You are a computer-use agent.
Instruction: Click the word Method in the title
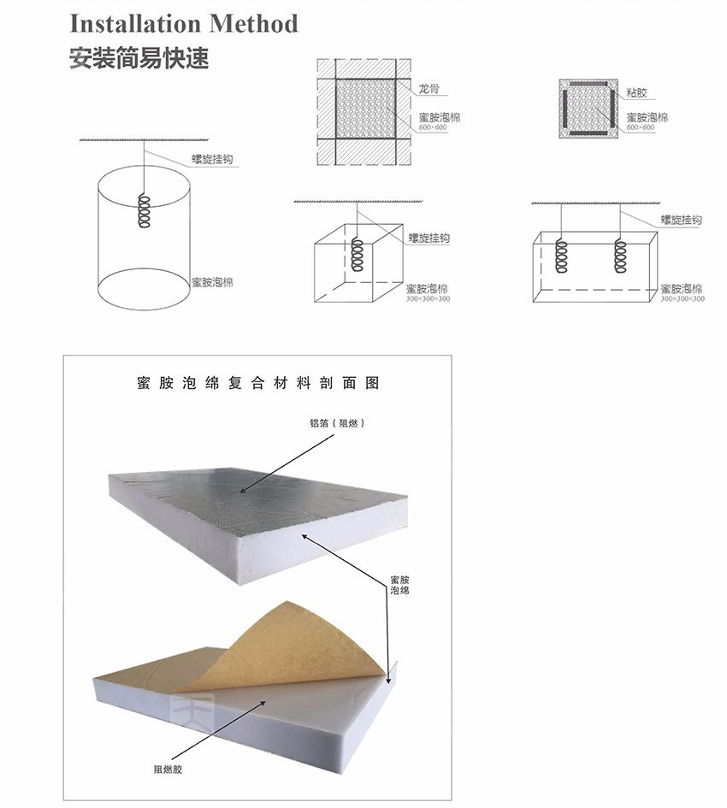(253, 23)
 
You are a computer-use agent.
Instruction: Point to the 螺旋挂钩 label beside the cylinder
(213, 159)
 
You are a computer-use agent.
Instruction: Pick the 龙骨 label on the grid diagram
(429, 88)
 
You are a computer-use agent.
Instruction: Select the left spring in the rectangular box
(562, 256)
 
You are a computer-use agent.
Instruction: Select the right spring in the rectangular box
(620, 256)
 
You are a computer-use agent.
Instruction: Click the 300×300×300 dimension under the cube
(428, 298)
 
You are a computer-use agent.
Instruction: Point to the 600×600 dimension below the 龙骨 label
(433, 127)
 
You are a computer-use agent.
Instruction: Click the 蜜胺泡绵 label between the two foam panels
(399, 585)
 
